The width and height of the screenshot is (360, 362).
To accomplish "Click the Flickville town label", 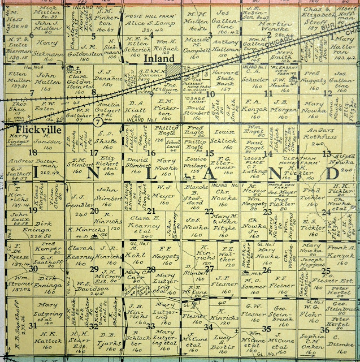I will (24, 129).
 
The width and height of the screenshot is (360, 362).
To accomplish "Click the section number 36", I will (324, 330).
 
